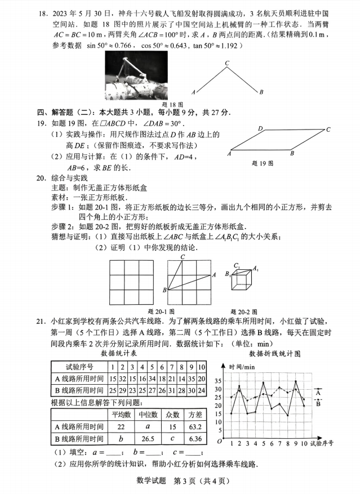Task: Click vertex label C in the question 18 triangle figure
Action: pyautogui.click(x=226, y=63)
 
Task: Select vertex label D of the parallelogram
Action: pyautogui.click(x=261, y=129)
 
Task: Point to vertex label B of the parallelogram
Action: pyautogui.click(x=292, y=153)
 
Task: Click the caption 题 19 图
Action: pyautogui.click(x=263, y=163)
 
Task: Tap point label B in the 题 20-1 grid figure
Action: pyautogui.click(x=164, y=290)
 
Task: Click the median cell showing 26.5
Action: pyautogui.click(x=146, y=438)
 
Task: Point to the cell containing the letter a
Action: pyautogui.click(x=146, y=426)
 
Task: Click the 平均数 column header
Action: pyautogui.click(x=121, y=415)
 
